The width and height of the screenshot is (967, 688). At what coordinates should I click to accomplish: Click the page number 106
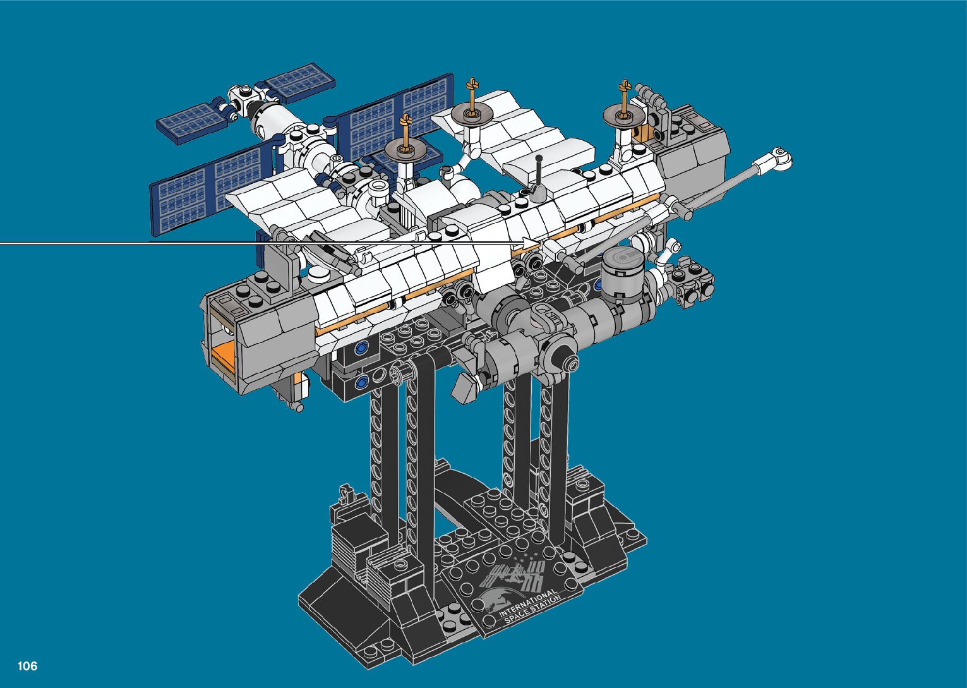pos(28,666)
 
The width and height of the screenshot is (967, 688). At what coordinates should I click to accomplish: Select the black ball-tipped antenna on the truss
pos(538,177)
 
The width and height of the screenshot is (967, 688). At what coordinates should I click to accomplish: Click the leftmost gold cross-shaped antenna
pos(405,132)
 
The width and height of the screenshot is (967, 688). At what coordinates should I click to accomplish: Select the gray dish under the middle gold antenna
pos(472,114)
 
